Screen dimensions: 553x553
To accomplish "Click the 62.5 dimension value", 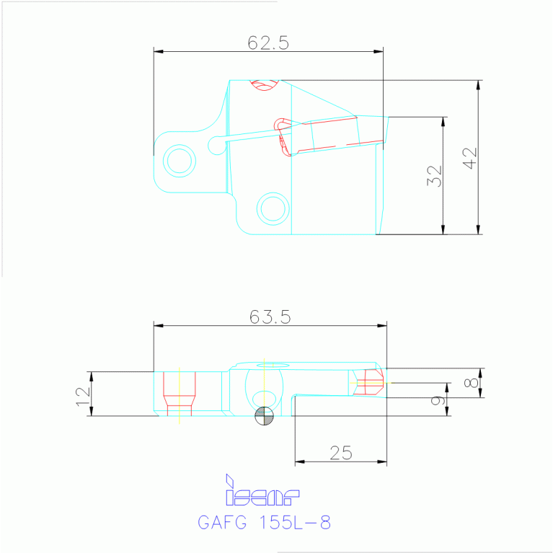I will (x=268, y=43).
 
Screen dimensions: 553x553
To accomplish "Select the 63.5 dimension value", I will (x=270, y=317).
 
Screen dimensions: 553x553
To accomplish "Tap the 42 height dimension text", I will (x=470, y=158).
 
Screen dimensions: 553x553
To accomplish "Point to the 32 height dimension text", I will (x=434, y=176).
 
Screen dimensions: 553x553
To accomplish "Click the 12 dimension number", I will (x=81, y=394).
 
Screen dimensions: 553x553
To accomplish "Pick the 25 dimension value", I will (x=340, y=453).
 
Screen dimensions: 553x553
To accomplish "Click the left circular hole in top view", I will (x=180, y=159).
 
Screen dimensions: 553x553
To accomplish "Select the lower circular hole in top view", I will (x=273, y=208).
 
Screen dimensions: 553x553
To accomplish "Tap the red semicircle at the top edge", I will (x=264, y=84).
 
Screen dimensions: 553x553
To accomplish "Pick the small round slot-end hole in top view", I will (x=214, y=146).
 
